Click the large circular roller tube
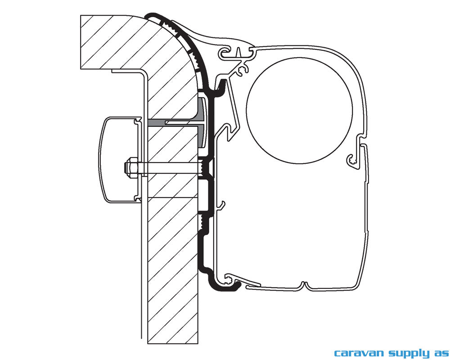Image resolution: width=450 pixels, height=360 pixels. (299, 110)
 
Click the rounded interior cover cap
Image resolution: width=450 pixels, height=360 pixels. (118, 159)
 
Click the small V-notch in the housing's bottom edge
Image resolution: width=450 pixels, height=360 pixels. (305, 285)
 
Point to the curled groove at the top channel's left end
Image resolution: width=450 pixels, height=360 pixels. (224, 54)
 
